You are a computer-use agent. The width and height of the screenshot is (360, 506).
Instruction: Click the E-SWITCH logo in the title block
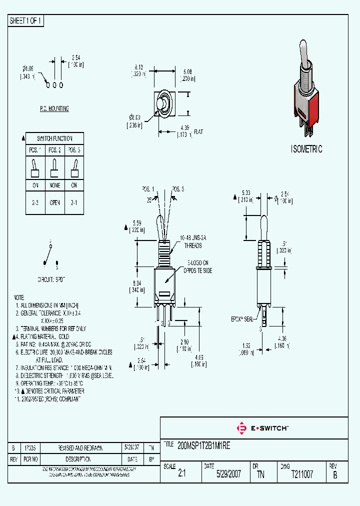[262, 428]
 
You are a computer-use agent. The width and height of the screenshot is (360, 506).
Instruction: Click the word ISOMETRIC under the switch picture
[306, 149]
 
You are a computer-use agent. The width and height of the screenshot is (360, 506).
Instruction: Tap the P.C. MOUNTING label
[54, 108]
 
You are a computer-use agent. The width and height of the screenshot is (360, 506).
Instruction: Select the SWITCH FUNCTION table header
[54, 138]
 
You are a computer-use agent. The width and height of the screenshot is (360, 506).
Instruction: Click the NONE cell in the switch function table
[54, 185]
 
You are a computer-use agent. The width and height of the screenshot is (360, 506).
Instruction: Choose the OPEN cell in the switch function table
[54, 202]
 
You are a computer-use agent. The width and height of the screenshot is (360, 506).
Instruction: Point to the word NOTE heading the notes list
[19, 297]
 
